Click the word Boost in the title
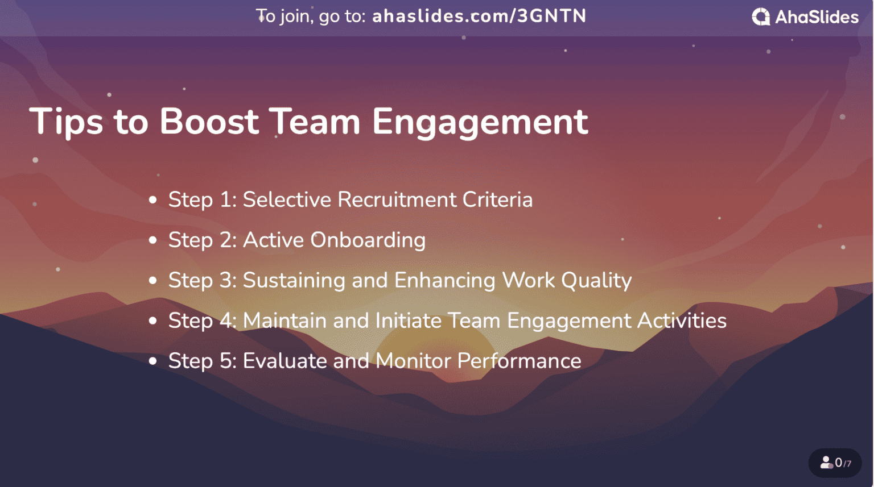point(209,122)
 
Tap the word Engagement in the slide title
point(480,123)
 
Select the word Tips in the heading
point(66,123)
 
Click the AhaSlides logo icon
point(761,17)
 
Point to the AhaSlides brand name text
point(817,17)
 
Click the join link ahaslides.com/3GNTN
point(479,16)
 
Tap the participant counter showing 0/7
point(835,463)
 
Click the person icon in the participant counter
point(826,463)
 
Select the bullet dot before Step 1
point(152,200)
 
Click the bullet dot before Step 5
point(152,361)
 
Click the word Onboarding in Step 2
point(368,240)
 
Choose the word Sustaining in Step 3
point(294,281)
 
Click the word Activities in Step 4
point(682,321)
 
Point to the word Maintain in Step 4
point(285,321)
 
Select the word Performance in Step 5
point(519,361)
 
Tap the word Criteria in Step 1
point(497,200)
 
